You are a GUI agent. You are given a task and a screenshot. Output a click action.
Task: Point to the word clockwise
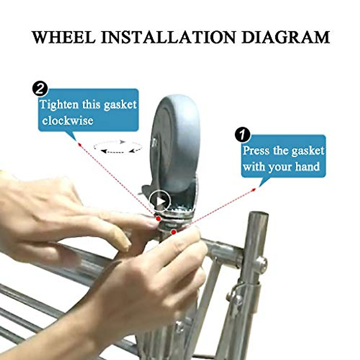(x=67, y=121)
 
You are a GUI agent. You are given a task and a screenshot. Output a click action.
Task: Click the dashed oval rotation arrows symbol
(x=118, y=147)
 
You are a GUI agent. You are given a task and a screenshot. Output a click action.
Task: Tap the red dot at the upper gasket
(x=158, y=218)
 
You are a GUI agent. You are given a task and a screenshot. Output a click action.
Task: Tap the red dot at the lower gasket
(x=173, y=232)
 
